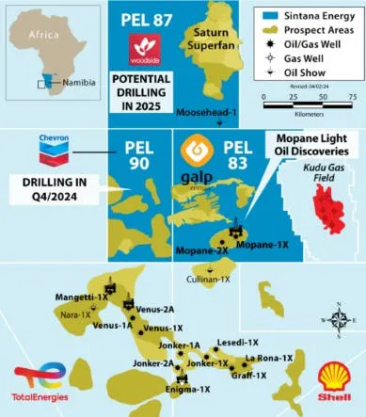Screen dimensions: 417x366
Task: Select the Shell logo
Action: pyautogui.click(x=332, y=379)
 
